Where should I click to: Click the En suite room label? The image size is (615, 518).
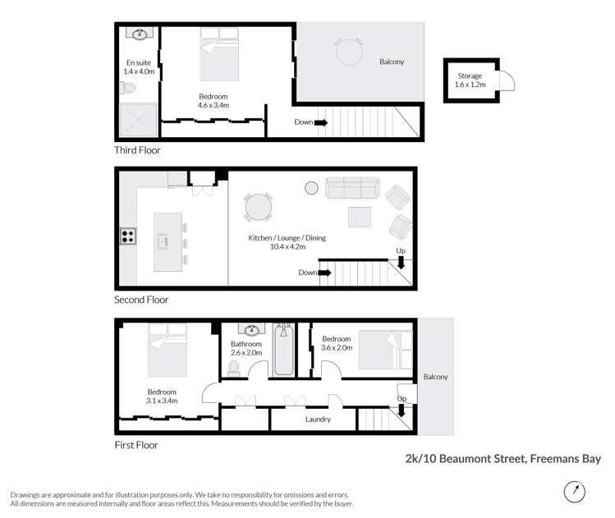(x=139, y=67)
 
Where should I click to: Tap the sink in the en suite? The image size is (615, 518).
(x=140, y=34)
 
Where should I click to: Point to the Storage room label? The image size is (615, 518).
(x=470, y=80)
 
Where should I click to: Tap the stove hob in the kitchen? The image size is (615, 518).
(x=128, y=236)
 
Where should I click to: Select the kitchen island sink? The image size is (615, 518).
(x=163, y=241)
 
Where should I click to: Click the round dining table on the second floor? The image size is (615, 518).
(x=259, y=206)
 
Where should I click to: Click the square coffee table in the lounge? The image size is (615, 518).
(x=360, y=217)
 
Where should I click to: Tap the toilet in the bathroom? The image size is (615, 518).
(x=232, y=368)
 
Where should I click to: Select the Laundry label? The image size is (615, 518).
(x=317, y=419)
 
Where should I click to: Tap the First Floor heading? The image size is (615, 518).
(x=136, y=446)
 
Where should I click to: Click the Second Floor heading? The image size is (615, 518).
(x=141, y=300)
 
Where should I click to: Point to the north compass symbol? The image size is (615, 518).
(x=576, y=491)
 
